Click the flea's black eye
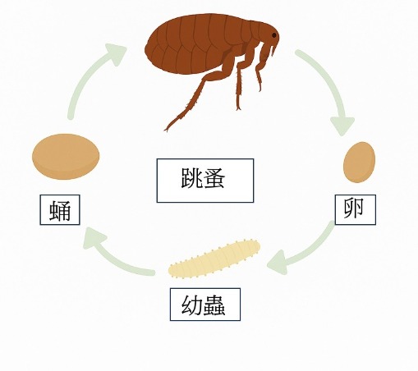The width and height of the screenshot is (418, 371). pos(274,35)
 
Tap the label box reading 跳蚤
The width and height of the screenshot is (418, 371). pos(205,181)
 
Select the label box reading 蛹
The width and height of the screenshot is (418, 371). pos(60,210)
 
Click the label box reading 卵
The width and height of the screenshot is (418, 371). pos(356,209)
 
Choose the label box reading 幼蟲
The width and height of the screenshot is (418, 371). pos(205,305)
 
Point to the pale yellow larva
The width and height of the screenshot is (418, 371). pos(214,258)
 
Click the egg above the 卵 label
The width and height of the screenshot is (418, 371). pos(359,162)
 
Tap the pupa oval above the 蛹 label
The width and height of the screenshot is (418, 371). pos(66,157)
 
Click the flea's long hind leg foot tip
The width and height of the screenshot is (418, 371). pos(166,129)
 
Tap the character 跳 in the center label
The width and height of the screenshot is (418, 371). pos(191,178)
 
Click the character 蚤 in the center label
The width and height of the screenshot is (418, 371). pos(214,178)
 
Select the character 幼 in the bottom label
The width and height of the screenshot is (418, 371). pos(192,305)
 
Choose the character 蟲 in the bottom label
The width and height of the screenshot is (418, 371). pos(214,305)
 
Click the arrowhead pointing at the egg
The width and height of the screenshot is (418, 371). pos(342,126)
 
